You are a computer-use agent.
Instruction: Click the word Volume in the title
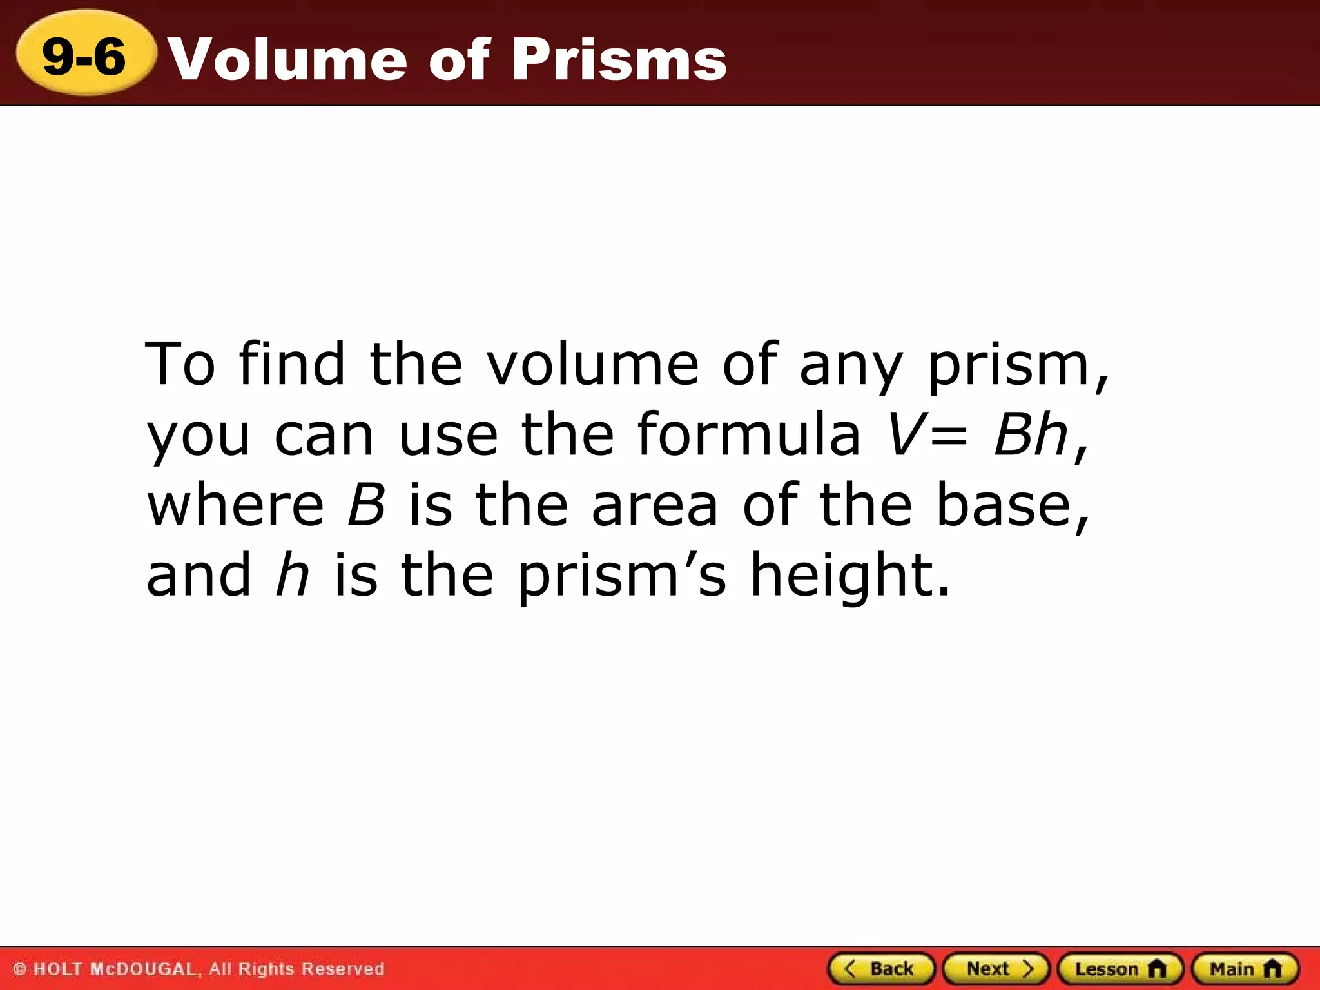pos(287,59)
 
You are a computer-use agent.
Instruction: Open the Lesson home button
pos(1120,969)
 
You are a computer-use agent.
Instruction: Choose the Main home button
pos(1245,969)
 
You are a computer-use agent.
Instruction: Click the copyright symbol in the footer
pos(20,969)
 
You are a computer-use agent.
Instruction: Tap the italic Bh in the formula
pos(1030,434)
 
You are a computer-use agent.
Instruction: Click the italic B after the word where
pos(366,505)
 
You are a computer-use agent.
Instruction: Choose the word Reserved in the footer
pos(343,969)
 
